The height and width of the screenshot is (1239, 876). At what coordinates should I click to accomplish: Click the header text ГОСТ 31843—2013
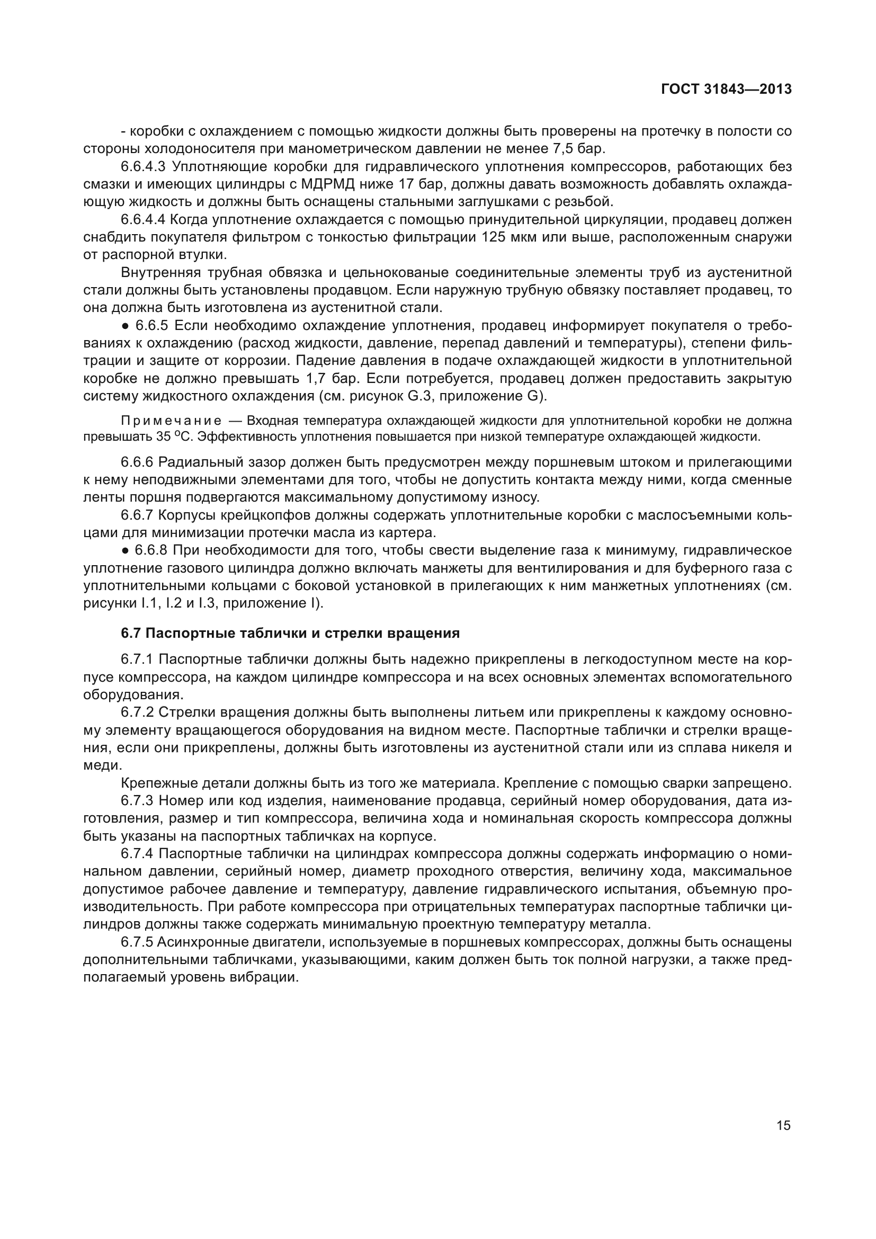point(726,89)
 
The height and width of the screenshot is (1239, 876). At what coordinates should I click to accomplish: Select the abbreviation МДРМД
point(327,184)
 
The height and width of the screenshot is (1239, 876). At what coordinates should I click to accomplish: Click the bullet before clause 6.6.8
point(125,550)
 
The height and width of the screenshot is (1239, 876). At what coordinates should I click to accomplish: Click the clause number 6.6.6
point(137,462)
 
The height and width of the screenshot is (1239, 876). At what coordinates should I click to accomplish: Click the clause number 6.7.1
point(137,659)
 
